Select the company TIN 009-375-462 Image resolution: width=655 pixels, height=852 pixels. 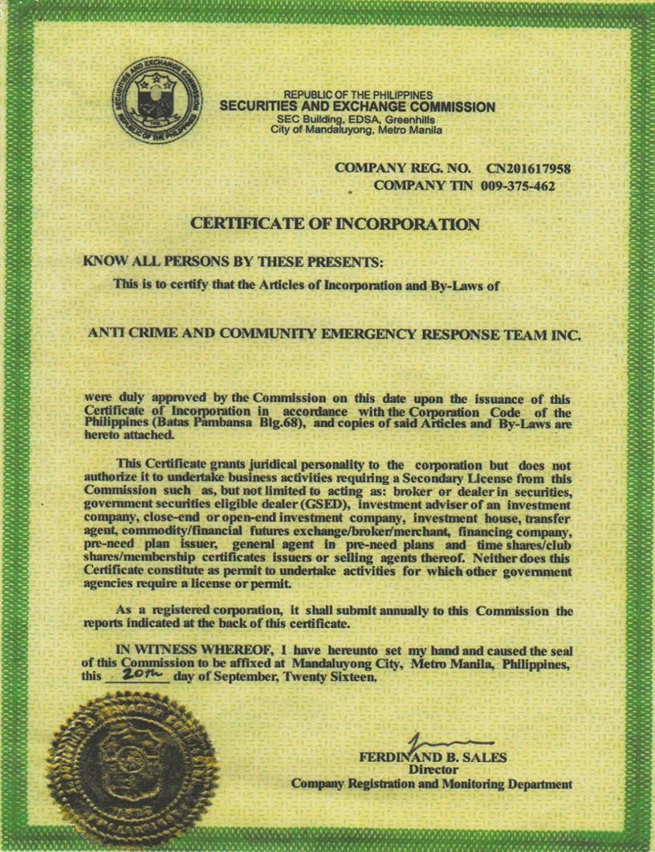(x=518, y=186)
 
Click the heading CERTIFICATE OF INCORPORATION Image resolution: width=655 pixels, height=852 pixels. (x=335, y=224)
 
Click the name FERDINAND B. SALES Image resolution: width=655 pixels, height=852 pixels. (x=433, y=757)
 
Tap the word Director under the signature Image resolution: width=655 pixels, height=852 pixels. (x=433, y=769)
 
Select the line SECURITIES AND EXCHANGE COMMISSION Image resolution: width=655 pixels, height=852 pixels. (x=357, y=107)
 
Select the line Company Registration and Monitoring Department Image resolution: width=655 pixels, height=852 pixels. (x=432, y=783)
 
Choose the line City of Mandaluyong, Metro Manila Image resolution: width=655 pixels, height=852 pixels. (x=356, y=129)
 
